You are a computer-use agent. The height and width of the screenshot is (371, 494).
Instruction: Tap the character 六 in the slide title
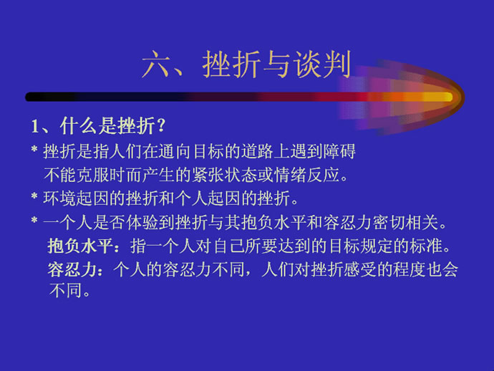tap(157, 64)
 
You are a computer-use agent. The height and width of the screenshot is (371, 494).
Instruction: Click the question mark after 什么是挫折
tap(160, 125)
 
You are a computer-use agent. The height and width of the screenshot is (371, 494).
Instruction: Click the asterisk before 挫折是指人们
tap(34, 149)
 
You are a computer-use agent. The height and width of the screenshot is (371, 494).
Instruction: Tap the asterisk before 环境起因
tap(34, 196)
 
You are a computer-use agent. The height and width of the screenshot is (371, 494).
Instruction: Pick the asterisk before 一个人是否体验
tap(34, 220)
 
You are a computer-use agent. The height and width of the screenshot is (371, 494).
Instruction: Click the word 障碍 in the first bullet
tap(339, 151)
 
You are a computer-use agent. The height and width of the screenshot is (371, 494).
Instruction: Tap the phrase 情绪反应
tap(307, 175)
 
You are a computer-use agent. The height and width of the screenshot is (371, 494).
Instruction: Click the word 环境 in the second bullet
tap(59, 198)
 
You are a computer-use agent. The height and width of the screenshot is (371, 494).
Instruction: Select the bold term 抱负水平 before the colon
tap(79, 246)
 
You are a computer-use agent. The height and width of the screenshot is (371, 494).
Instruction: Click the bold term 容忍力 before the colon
tap(72, 270)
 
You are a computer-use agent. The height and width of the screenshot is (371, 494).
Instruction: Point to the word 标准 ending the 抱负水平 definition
tap(426, 246)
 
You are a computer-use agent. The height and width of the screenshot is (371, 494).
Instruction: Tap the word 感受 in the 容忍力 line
tap(360, 270)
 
